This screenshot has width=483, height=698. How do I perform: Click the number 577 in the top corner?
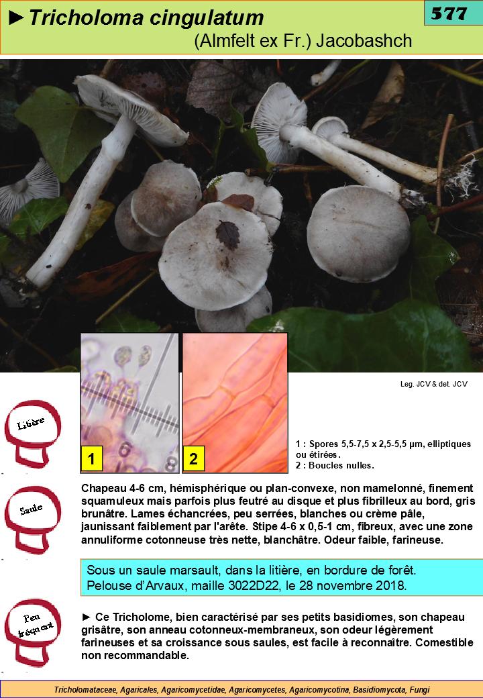point(449,14)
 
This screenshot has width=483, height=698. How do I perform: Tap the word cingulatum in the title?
point(207,19)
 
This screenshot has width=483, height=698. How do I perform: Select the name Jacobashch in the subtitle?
point(364,40)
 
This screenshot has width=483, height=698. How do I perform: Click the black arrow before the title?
point(16,18)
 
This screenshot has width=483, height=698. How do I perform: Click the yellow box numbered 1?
point(92,458)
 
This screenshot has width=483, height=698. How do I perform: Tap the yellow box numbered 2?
point(193,458)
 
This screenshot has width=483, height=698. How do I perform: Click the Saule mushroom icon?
point(32,519)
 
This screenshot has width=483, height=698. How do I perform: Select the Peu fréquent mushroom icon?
point(32,632)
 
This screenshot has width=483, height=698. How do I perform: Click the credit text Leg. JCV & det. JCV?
point(433,384)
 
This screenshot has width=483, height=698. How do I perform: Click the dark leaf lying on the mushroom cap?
point(227,235)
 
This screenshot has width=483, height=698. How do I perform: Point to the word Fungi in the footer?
point(419,690)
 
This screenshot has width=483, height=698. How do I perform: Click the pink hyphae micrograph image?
point(235,403)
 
